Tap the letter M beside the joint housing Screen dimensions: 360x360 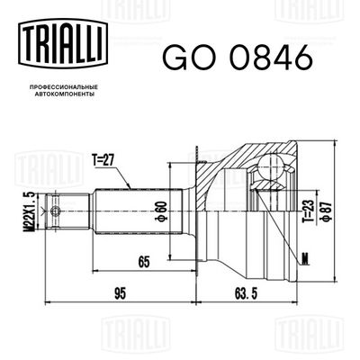pyautogui.click(x=305, y=263)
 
